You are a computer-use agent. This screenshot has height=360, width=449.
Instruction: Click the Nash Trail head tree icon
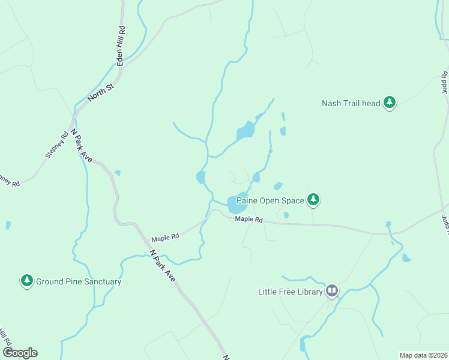pos(390,103)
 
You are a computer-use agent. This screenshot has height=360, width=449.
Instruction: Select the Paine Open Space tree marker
pos(313,199)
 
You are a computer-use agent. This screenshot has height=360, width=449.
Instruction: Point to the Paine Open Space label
pos(270,200)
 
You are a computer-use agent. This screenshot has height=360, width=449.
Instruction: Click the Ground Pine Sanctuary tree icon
pos(26,280)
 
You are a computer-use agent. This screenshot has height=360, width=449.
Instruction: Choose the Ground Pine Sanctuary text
pos(79,281)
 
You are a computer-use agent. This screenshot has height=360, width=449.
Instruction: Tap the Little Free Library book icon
pos(332,292)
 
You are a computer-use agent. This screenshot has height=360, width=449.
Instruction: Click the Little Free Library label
pos(289,292)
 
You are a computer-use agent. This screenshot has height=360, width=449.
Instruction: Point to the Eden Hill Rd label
pos(121,46)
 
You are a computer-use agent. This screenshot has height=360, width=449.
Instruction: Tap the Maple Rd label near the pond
pos(249,220)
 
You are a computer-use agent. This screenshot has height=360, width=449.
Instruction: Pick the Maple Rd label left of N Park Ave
pos(165,238)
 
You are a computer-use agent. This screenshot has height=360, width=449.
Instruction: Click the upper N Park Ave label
pos(82,145)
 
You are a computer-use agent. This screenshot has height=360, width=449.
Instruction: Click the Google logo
pos(20,353)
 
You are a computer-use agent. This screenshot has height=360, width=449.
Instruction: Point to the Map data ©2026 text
pos(423,355)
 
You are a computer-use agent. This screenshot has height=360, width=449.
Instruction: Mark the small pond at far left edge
pos(8,225)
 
